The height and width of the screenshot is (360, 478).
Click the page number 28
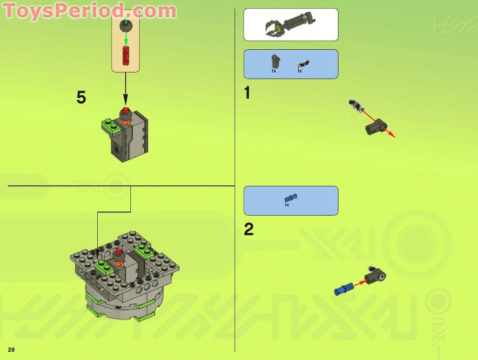pyautogui.click(x=11, y=350)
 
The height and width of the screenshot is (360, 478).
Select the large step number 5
pyautogui.click(x=81, y=97)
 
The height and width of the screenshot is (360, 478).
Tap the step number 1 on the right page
pyautogui.click(x=247, y=93)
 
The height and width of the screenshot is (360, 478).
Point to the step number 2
pyautogui.click(x=249, y=230)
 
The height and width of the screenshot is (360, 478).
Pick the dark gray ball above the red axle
pyautogui.click(x=126, y=25)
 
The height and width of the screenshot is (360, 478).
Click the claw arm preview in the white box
pyautogui.click(x=290, y=24)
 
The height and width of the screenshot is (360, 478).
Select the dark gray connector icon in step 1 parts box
pyautogui.click(x=275, y=62)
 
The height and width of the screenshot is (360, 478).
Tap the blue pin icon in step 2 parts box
pyautogui.click(x=290, y=197)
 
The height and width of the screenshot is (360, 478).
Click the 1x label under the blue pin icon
pyautogui.click(x=287, y=205)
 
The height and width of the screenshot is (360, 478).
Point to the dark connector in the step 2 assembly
pyautogui.click(x=376, y=276)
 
